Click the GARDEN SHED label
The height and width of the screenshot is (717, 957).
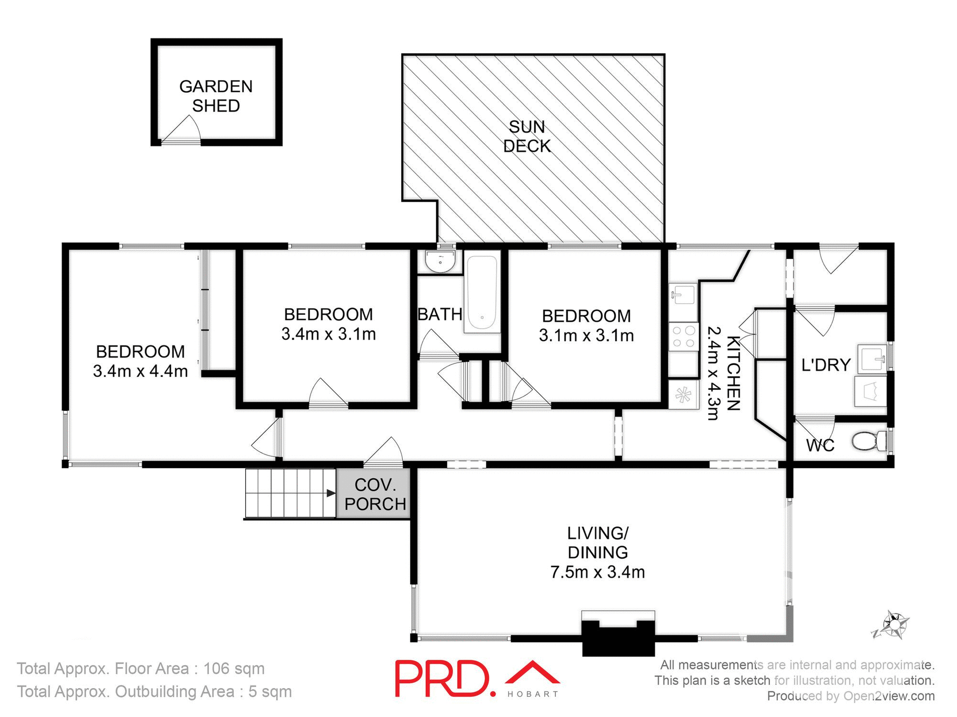(216, 96)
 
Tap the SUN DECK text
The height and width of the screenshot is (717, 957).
(527, 136)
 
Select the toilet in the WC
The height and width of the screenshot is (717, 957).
(867, 441)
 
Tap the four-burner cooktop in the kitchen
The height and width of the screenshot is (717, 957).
(683, 336)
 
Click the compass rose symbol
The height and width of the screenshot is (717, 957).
(894, 625)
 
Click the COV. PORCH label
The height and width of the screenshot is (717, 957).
(375, 494)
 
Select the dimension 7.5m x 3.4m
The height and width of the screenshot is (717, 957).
(597, 572)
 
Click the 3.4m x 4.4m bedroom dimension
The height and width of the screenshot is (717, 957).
(140, 371)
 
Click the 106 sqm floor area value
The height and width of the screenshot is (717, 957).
(234, 669)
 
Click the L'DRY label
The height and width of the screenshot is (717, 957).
(825, 365)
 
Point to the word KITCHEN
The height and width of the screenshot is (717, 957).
(733, 373)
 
